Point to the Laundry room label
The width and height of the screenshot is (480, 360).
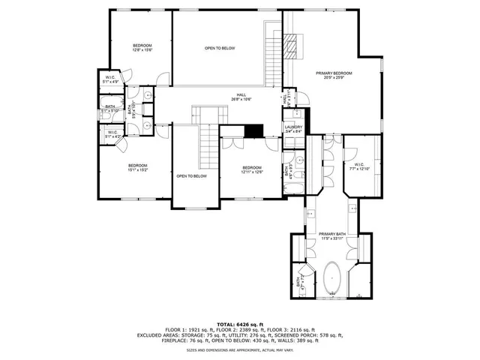[x=293, y=128]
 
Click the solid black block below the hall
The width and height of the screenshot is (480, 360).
[x=255, y=130]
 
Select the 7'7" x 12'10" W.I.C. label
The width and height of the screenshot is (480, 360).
[x=358, y=167]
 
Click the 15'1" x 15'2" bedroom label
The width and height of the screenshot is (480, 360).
[x=137, y=167]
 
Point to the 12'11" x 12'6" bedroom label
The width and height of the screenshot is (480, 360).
[x=251, y=169]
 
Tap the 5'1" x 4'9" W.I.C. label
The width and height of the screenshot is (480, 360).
[x=111, y=79]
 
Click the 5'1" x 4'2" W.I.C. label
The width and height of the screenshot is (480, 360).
[x=112, y=135]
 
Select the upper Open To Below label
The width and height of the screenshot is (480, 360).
[x=220, y=48]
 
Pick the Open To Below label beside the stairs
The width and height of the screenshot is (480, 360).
[x=191, y=176]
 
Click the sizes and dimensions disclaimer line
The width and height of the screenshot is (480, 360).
[x=240, y=349]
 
